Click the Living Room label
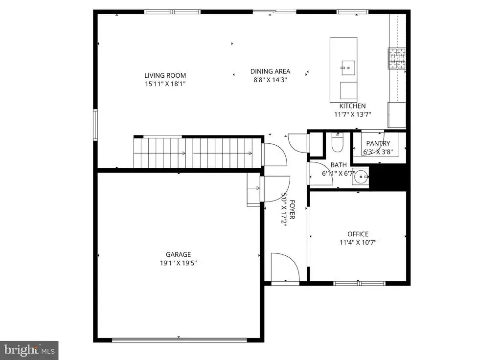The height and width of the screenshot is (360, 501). [x=165, y=75]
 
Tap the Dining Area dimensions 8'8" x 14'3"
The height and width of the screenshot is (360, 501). [x=270, y=80]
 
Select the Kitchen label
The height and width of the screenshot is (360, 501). [x=352, y=106]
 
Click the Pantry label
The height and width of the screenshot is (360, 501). [x=378, y=143]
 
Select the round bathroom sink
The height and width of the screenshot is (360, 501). [x=362, y=176]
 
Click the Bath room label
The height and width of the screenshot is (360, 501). [x=338, y=165]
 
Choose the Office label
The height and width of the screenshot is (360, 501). [x=358, y=234]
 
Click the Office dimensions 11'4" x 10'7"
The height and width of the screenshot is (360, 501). [x=358, y=242]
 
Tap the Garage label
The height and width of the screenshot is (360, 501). [x=178, y=254]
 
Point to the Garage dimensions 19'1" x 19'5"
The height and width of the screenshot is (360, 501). [x=178, y=263]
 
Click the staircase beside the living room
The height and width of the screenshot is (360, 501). [x=196, y=152]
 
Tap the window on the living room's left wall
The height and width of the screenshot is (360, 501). [x=95, y=125]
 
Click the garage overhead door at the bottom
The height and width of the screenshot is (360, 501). [x=179, y=339]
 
